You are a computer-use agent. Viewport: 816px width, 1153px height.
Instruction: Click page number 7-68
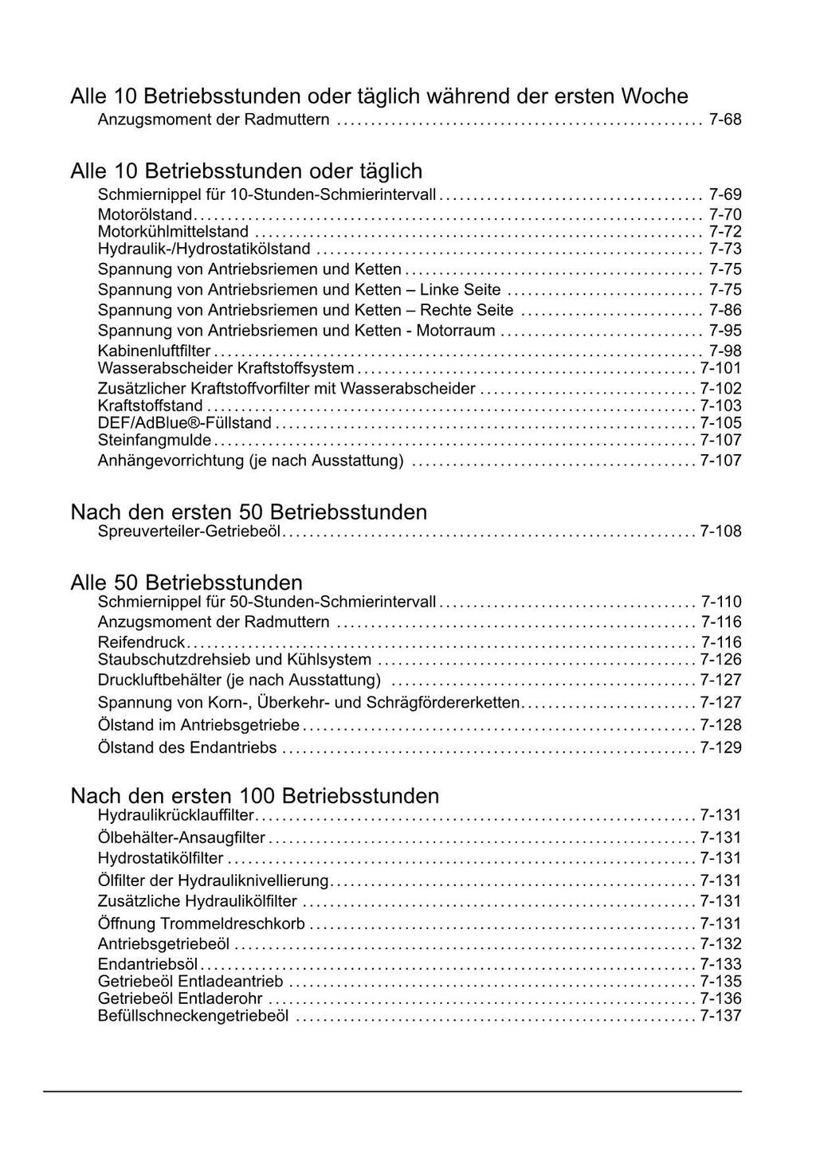(x=724, y=120)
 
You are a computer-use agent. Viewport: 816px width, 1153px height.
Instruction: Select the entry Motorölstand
(x=145, y=214)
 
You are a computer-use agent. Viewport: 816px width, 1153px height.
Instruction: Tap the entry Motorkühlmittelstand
(x=173, y=232)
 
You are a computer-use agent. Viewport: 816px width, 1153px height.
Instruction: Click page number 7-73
(x=724, y=249)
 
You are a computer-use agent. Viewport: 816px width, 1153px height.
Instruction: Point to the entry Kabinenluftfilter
(x=154, y=351)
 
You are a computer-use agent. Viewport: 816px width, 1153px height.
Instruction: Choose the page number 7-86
(x=724, y=310)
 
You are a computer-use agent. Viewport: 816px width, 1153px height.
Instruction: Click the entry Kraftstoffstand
(x=151, y=406)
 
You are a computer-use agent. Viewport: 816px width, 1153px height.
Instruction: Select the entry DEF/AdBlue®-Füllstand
(x=184, y=423)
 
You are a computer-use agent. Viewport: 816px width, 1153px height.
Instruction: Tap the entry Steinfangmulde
(x=155, y=441)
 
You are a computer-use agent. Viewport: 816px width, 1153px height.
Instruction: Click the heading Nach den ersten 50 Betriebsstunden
(x=249, y=512)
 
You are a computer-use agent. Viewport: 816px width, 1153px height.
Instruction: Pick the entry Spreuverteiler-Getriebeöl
(x=189, y=531)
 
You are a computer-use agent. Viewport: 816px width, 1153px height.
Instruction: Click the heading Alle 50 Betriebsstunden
(x=186, y=582)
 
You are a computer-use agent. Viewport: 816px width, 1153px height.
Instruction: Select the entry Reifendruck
(x=141, y=642)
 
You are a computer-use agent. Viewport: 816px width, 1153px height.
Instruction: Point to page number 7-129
(x=720, y=748)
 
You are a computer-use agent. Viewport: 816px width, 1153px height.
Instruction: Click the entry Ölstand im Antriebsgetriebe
(x=198, y=725)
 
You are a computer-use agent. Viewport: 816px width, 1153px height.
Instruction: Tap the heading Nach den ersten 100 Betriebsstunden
(x=255, y=795)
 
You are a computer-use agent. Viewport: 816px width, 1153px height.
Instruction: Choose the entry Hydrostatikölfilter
(x=160, y=858)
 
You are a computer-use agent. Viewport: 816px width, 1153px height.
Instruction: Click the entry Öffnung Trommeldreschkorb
(x=201, y=924)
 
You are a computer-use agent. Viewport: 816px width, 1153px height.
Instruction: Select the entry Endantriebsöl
(x=147, y=964)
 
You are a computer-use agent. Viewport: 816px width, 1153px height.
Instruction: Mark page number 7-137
(x=720, y=1016)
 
